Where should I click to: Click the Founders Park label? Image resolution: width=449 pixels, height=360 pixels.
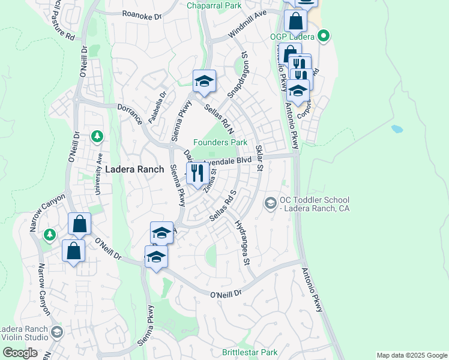[x=220, y=143]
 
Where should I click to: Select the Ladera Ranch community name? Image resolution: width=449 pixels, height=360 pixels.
[x=134, y=170]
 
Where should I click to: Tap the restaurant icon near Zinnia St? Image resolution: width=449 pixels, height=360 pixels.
[x=197, y=173]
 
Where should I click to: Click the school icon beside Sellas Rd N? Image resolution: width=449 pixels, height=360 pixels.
[x=204, y=82]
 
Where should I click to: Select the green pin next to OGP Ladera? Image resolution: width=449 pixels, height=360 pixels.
[x=324, y=37]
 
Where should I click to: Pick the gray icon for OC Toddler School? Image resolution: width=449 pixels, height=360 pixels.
[x=271, y=204]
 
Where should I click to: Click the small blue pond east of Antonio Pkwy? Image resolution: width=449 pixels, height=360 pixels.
[x=396, y=129]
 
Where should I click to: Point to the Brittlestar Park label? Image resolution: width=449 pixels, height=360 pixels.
[x=250, y=352]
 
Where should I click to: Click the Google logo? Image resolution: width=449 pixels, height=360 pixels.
[x=20, y=353]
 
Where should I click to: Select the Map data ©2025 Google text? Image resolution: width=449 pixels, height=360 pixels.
[x=412, y=355]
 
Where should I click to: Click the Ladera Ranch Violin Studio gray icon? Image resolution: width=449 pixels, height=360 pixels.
[x=56, y=332]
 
